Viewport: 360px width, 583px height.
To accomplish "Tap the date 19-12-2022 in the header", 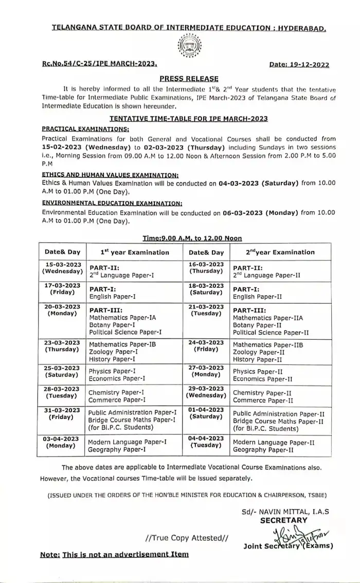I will (x=299, y=65).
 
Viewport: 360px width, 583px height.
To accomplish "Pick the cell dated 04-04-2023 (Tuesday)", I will (x=206, y=442).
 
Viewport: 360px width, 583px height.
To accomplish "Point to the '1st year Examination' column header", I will (x=134, y=252).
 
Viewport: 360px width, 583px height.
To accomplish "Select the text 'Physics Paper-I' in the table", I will (x=113, y=371).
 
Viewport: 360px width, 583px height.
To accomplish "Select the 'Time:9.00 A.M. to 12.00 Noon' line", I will (x=192, y=238).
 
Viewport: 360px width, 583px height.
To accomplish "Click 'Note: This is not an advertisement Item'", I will (x=114, y=554).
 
